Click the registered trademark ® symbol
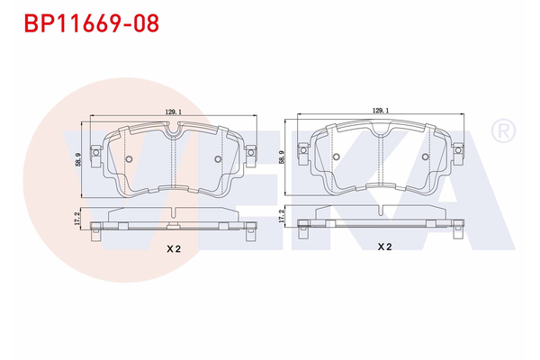(501, 132)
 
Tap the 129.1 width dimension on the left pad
(173, 112)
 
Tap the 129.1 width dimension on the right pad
(381, 111)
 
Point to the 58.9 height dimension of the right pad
(283, 157)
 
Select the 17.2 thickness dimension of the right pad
(283, 219)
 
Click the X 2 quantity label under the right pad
(383, 246)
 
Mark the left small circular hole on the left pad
(128, 161)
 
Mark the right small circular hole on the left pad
(218, 161)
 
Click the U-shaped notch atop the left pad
(173, 132)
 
